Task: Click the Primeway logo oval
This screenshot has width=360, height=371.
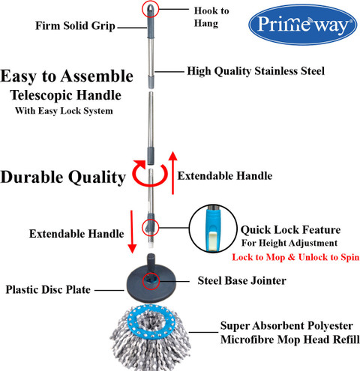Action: tap(303, 25)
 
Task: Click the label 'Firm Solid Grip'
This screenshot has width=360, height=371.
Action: tap(75, 26)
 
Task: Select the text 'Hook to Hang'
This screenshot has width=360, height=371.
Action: tap(211, 17)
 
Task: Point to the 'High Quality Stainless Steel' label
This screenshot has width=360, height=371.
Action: tap(256, 71)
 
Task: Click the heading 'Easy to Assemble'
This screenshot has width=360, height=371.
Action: tap(67, 76)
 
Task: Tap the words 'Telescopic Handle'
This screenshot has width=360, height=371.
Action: tap(66, 95)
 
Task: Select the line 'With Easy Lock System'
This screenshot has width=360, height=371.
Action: tap(64, 111)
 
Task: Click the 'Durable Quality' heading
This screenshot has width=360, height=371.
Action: tap(63, 178)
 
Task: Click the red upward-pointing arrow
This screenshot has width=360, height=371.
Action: tap(172, 172)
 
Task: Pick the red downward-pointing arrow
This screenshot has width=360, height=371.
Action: tap(132, 232)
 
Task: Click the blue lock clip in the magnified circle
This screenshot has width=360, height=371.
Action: tap(213, 229)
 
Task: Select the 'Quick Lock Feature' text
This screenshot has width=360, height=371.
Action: tap(290, 230)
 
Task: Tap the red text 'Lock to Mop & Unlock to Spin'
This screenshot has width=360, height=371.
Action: tap(295, 257)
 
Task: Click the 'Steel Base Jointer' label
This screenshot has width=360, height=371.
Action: tap(242, 281)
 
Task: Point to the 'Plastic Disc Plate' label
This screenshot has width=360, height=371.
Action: tap(48, 290)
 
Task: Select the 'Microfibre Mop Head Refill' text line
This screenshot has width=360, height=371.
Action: tap(290, 340)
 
